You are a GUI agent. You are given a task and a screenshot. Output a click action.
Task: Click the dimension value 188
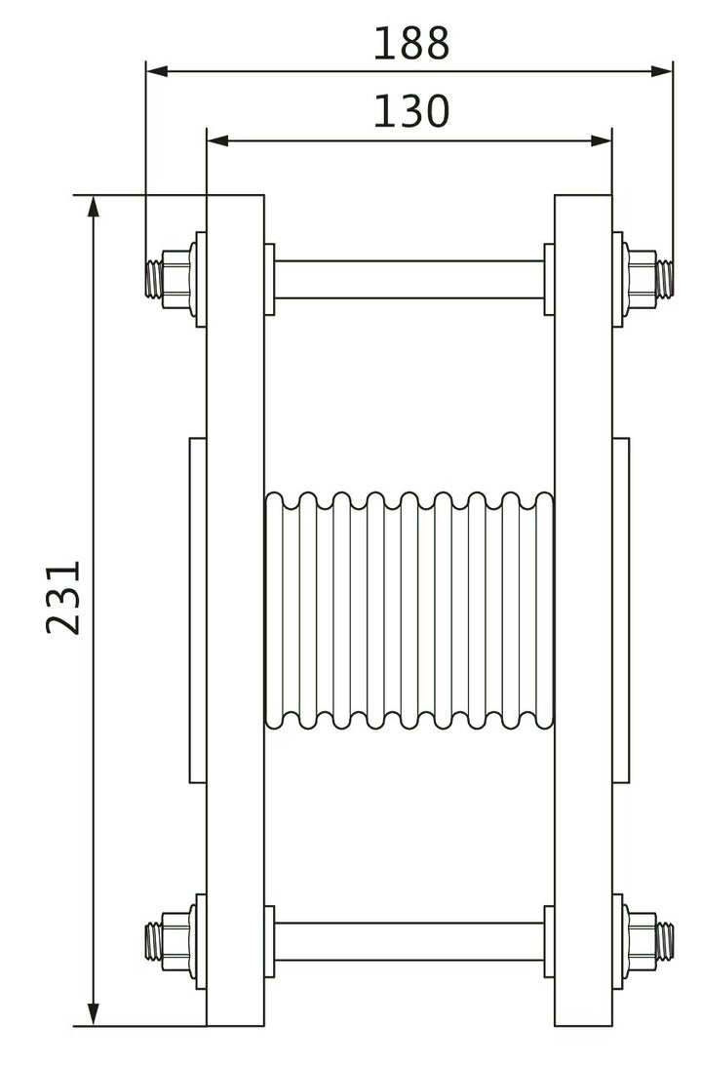tap(410, 44)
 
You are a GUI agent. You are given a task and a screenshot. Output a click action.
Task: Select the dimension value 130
tap(410, 112)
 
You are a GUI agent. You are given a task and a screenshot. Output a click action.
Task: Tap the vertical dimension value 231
tap(63, 597)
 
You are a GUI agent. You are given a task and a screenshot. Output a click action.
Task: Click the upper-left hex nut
tap(176, 278)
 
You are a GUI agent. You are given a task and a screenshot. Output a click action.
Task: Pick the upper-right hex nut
tap(642, 278)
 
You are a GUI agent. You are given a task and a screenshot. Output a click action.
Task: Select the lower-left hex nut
tap(176, 939)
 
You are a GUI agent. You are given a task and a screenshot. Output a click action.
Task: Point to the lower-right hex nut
tap(642, 939)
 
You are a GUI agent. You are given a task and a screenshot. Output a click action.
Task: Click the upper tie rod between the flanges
tap(409, 280)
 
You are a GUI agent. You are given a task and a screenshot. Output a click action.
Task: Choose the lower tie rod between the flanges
tap(409, 941)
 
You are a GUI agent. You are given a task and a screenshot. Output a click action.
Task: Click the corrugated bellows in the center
tap(409, 611)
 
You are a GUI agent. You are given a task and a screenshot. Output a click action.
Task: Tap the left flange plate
tap(235, 611)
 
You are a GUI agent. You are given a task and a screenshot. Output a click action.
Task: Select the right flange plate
tap(583, 611)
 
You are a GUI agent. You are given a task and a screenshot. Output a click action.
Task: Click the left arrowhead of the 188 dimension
tap(157, 71)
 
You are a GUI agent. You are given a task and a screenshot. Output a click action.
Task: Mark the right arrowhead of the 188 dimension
tap(662, 71)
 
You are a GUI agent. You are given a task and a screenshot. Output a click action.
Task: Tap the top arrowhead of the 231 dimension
tap(94, 207)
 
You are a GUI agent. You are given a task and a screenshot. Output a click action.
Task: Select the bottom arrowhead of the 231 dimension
tap(94, 1014)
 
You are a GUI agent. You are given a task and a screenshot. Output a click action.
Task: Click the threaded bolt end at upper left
tap(152, 278)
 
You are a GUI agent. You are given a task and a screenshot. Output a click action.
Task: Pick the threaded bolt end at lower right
tap(666, 939)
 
